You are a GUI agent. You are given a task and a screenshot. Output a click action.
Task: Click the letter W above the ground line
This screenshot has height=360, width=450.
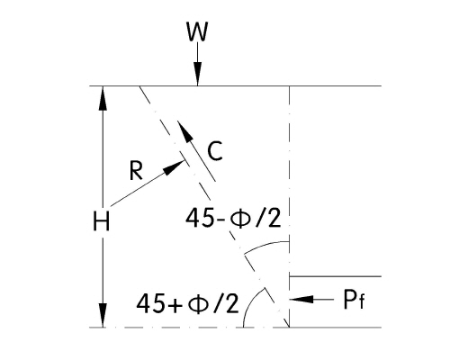click(x=197, y=31)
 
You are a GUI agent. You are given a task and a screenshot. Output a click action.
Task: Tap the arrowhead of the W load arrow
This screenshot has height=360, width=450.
click(x=197, y=74)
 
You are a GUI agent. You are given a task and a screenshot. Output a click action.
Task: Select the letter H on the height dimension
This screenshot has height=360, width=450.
click(x=102, y=221)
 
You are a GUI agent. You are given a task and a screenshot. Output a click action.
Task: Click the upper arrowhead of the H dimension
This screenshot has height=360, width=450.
click(x=103, y=98)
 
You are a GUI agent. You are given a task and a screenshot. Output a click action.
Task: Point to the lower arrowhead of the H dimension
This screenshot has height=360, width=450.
click(x=103, y=315)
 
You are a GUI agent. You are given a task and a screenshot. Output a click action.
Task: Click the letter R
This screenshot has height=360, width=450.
click(x=136, y=171)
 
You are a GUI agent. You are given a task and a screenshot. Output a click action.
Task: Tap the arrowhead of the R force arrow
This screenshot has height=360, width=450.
click(x=175, y=167)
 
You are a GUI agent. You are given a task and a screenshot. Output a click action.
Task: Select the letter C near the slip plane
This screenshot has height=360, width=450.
click(x=215, y=151)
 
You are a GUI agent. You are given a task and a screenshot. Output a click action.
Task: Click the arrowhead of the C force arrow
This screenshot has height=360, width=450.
click(x=185, y=131)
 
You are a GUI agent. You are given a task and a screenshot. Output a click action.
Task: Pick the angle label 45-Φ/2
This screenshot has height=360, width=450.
click(x=233, y=218)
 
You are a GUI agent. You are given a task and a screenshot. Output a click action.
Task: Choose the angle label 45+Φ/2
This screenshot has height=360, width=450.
click(x=188, y=303)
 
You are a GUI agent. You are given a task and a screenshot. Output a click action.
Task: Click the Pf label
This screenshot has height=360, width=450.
click(x=354, y=300)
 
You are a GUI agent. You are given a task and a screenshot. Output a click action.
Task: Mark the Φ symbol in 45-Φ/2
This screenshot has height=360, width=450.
click(x=240, y=219)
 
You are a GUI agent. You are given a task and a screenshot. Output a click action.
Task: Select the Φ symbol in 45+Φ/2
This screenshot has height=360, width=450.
click(x=198, y=303)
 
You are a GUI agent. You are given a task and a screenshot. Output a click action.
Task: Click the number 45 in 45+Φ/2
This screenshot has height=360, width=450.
click(x=148, y=303)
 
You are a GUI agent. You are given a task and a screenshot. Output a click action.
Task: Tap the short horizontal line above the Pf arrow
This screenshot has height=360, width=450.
click(x=336, y=276)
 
